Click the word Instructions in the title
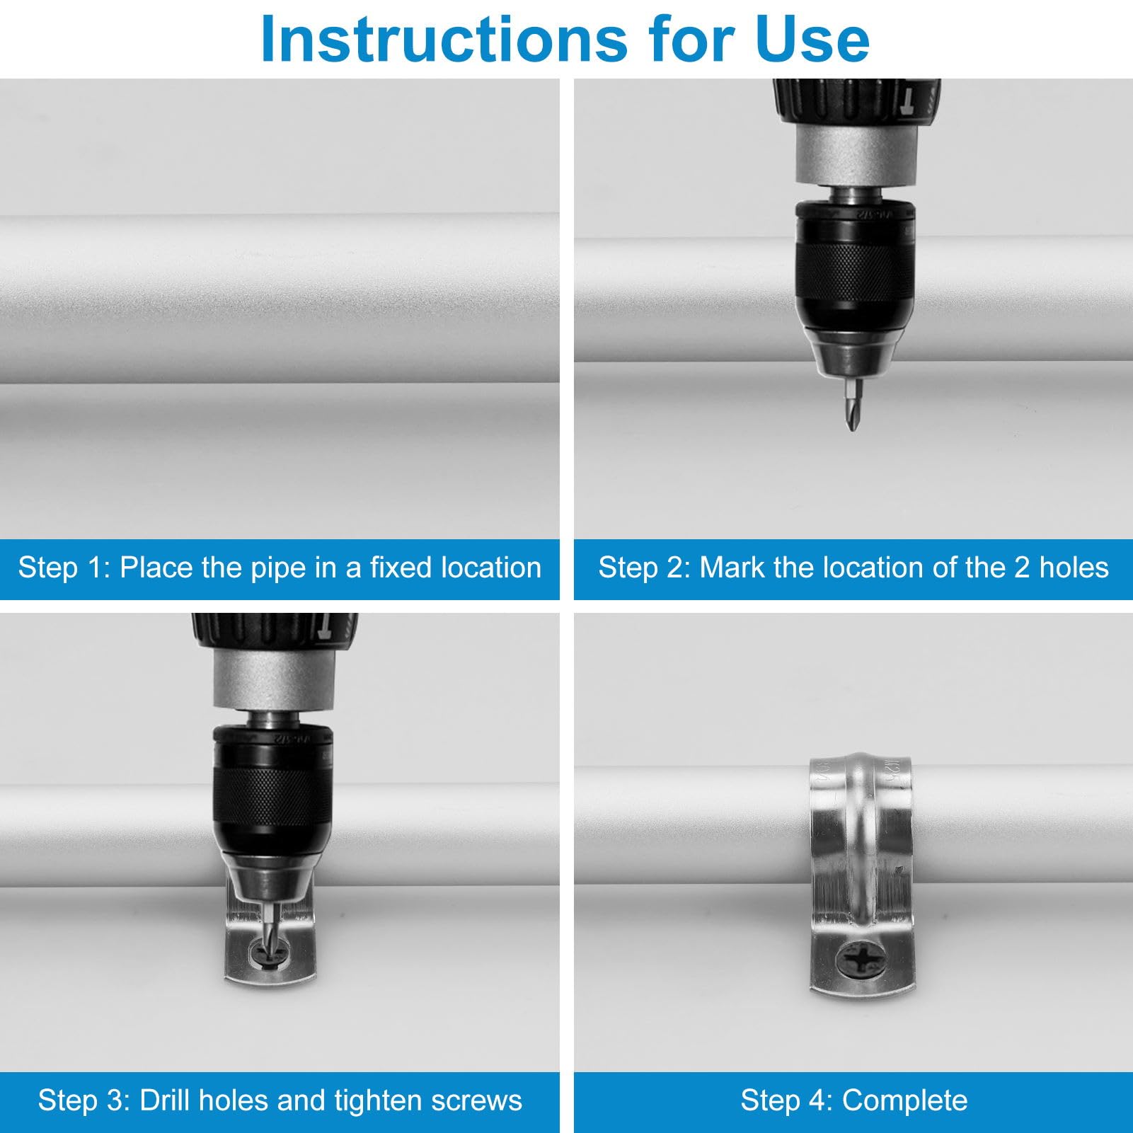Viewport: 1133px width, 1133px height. coord(444,39)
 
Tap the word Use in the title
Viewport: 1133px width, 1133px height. coord(812,39)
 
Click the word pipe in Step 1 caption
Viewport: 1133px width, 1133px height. coord(263,568)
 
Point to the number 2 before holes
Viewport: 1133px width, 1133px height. coord(1021,568)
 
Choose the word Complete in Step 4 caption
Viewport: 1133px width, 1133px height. coord(904,1101)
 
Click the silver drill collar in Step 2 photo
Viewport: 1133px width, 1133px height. coord(858,156)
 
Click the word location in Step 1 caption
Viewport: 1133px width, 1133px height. coord(492,568)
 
